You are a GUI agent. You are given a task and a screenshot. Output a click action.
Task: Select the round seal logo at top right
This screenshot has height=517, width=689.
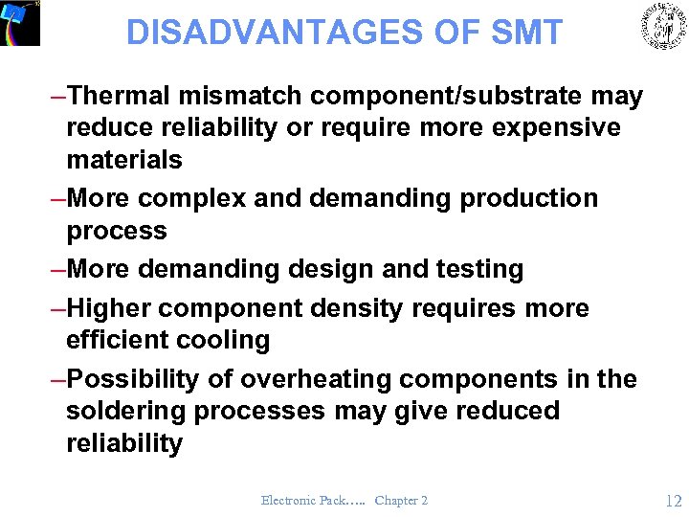click(x=663, y=26)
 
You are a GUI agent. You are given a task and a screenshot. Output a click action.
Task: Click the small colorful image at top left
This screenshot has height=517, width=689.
click(x=20, y=23)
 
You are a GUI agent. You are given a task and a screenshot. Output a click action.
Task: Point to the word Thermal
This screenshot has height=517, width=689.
click(x=117, y=96)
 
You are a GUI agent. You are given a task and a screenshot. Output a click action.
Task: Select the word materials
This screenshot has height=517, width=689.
click(x=124, y=159)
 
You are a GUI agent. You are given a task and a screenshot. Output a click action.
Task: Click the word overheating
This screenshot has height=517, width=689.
click(x=316, y=379)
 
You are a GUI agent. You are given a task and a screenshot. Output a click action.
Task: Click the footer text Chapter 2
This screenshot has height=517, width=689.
click(x=401, y=501)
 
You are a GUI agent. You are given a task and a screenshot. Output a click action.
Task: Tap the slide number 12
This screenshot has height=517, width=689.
click(x=673, y=500)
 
